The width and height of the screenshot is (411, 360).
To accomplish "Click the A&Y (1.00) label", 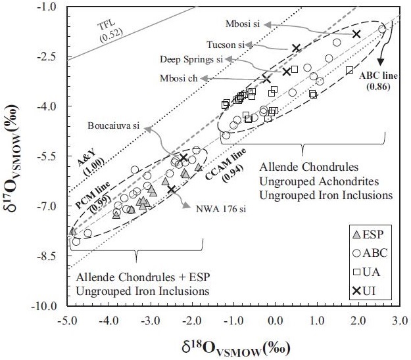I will click(84, 155).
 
